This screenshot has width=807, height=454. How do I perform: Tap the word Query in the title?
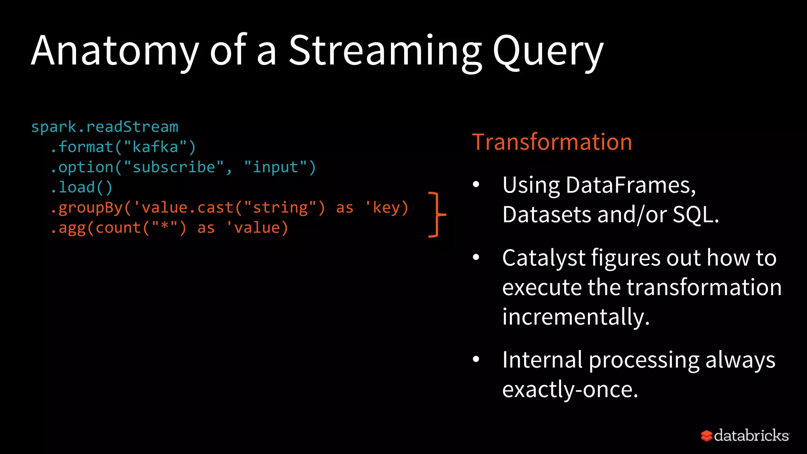(x=548, y=51)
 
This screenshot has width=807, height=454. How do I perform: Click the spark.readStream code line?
(x=104, y=127)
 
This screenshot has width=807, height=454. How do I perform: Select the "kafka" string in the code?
(x=155, y=147)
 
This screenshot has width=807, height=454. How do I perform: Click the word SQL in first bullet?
(x=695, y=215)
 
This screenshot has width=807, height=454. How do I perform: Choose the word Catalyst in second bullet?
(x=543, y=258)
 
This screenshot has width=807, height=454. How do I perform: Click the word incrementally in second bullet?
(x=575, y=316)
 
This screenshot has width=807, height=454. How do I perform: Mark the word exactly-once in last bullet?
(x=569, y=389)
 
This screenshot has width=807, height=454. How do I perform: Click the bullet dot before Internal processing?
(x=476, y=359)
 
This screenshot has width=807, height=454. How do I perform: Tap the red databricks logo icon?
(x=706, y=436)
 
